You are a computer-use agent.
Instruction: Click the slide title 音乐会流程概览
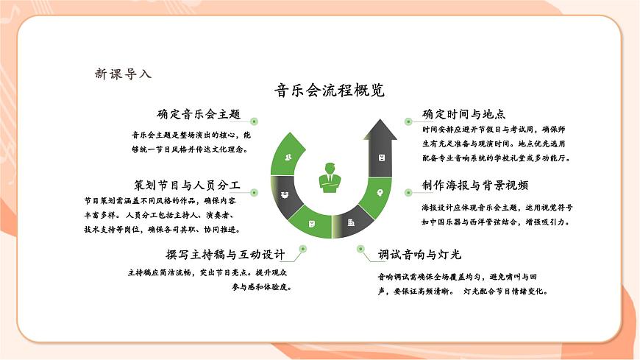tap(329, 91)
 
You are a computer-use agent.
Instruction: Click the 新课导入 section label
tap(123, 74)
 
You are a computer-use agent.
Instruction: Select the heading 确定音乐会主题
tap(199, 114)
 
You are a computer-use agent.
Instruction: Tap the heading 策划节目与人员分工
tap(187, 184)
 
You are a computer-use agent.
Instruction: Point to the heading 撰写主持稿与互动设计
tap(225, 255)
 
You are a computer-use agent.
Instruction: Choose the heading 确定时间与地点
tap(463, 114)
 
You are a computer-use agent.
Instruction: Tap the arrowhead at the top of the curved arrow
tap(382, 132)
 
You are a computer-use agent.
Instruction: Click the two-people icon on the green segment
tap(288, 158)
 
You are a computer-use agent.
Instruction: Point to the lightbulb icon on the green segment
tap(380, 193)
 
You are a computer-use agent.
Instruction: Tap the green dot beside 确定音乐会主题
tap(254, 120)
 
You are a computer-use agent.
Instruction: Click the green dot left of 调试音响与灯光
tap(360, 250)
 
